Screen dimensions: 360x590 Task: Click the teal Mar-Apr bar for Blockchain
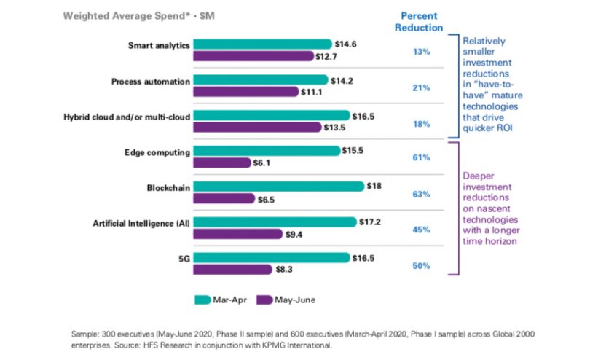click(x=279, y=187)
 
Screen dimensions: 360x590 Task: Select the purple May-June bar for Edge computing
click(x=222, y=163)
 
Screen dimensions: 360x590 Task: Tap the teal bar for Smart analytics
click(x=264, y=44)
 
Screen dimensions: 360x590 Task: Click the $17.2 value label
click(x=370, y=222)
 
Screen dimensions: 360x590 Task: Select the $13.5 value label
click(x=334, y=127)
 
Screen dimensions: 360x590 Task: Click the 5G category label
click(x=184, y=258)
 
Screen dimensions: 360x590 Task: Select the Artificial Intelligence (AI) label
click(x=142, y=222)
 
